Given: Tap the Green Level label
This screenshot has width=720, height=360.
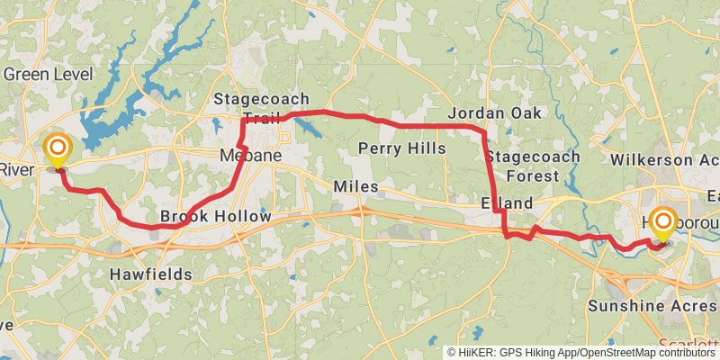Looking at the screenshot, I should tap(44, 74).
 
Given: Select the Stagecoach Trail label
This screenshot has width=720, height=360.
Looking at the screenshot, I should tap(262, 107).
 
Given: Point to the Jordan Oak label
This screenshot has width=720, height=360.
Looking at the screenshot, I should tap(495, 113).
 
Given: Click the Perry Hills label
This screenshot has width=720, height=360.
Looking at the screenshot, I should tap(401, 148).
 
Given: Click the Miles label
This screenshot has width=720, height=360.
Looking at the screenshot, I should tap(355, 186).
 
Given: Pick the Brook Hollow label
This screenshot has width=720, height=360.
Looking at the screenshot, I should tap(215, 217).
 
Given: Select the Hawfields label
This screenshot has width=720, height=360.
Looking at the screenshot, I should tap(150, 273).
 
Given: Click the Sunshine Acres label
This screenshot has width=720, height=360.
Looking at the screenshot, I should tap(652, 306).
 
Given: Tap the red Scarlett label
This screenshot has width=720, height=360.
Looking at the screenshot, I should tap(688, 345).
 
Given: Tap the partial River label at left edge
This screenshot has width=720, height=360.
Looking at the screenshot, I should tap(16, 170).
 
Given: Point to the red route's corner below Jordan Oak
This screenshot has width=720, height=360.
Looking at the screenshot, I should tap(484, 133).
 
